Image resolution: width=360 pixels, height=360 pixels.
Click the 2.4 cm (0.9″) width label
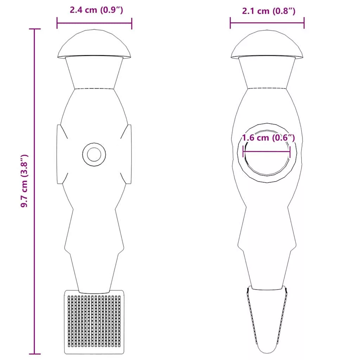coord(96,10)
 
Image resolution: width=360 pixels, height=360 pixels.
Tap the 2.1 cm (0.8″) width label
coord(269,11)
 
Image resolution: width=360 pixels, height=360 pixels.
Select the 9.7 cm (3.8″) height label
coord(24,181)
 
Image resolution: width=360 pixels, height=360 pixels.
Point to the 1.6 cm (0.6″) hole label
coord(268,138)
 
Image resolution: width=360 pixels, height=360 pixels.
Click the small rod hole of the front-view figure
coord(94,154)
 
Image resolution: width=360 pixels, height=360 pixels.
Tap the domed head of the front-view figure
coord(94,44)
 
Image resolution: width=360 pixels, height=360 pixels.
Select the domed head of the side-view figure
coord(267,44)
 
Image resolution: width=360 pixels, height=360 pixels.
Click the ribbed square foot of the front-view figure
coord(94,322)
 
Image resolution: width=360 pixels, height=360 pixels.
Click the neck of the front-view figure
coord(94,72)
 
